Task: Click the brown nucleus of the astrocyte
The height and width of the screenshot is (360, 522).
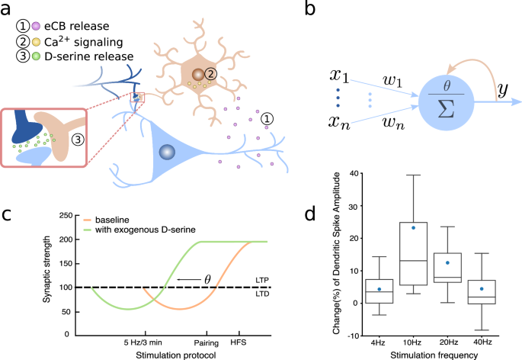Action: point(199,75)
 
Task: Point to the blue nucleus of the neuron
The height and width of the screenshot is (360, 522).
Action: point(163,153)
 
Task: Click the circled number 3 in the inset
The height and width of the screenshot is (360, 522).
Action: point(75,139)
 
